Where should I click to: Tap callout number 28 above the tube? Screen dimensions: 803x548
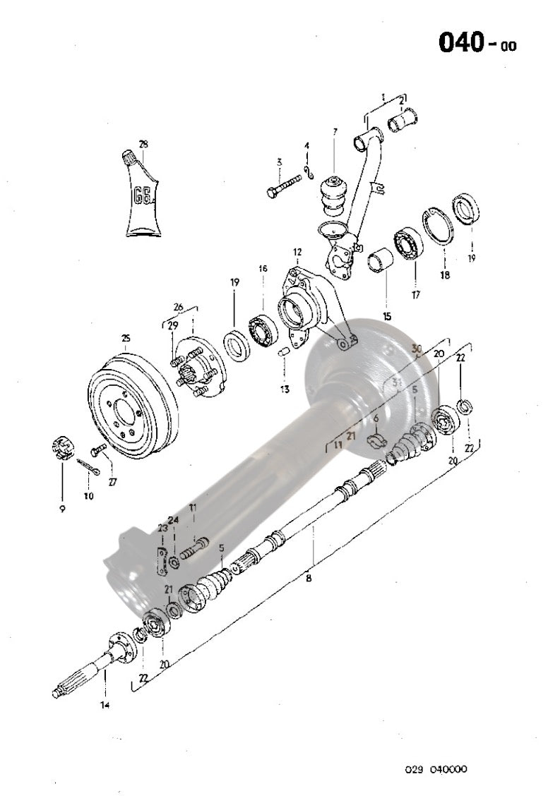(143, 145)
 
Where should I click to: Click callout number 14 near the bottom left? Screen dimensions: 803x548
(105, 704)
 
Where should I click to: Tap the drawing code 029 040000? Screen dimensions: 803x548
(436, 769)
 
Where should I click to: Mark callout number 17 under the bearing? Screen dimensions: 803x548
(415, 295)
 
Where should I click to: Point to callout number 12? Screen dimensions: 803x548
(297, 252)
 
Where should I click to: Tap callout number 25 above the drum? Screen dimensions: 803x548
(126, 338)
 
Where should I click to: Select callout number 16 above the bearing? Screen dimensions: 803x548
(263, 269)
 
